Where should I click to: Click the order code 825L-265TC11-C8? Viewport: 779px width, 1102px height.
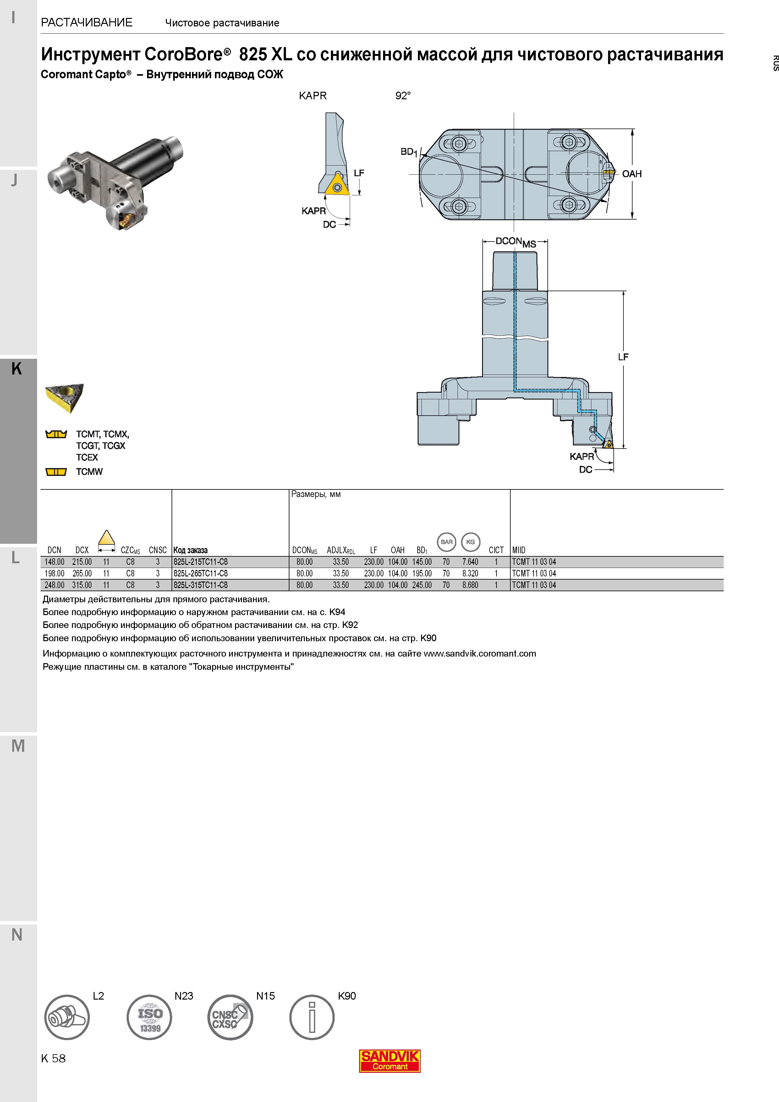point(200,573)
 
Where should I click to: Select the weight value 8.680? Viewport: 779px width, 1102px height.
point(470,585)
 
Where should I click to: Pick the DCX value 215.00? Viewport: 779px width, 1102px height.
point(82,562)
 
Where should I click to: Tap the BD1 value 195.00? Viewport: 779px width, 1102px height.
point(422,573)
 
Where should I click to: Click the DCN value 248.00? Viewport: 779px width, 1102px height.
point(54,585)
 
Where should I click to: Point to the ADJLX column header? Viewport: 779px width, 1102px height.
point(341,550)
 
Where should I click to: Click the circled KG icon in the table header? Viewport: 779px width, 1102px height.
point(470,542)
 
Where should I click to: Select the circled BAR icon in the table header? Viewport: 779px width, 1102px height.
point(446,542)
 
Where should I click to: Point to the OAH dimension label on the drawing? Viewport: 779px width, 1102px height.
point(632,174)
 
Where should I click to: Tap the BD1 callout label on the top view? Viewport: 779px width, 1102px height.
point(409,152)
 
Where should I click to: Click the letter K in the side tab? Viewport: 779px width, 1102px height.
point(17,368)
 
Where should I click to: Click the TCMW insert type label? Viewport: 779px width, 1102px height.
point(89,472)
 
